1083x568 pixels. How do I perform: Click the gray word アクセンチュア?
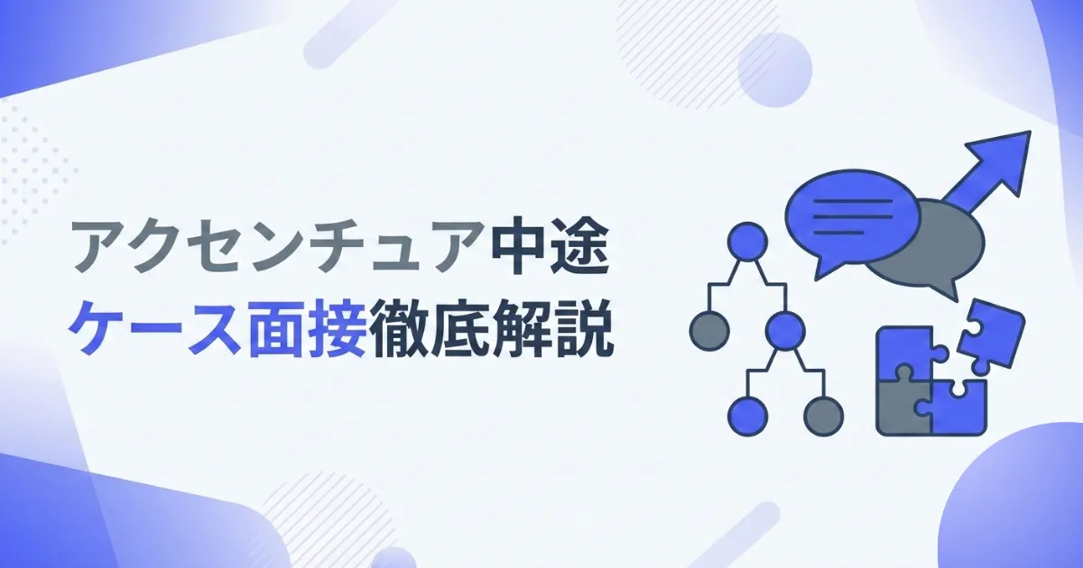pyautogui.click(x=278, y=247)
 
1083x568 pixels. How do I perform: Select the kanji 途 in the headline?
pyautogui.click(x=579, y=247)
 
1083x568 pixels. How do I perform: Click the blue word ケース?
pyautogui.click(x=156, y=330)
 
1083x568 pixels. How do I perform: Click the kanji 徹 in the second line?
pyautogui.click(x=398, y=330)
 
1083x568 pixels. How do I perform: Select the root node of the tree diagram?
pyautogui.click(x=747, y=242)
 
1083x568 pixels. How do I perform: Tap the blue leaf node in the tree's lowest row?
pyautogui.click(x=748, y=416)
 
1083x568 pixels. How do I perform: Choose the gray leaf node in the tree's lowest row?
pyautogui.click(x=824, y=416)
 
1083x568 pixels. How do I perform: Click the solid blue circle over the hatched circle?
pyautogui.click(x=774, y=69)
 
